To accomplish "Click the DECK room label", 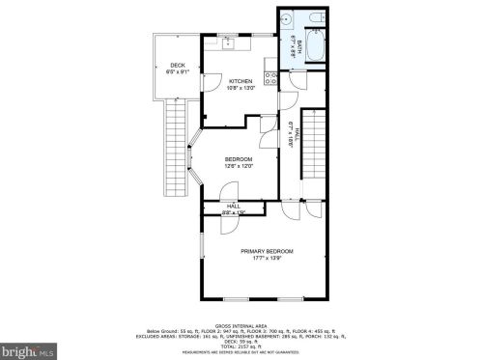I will coord(177,65).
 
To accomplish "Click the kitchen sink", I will coord(230,43).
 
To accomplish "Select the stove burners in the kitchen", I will coord(274,80).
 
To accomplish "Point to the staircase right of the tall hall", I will coord(313,154).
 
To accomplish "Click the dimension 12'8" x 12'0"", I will coord(239,166).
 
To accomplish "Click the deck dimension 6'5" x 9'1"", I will coord(177,71).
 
